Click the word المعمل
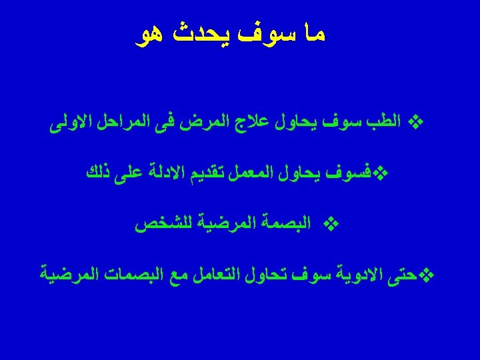pyautogui.click(x=249, y=174)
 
